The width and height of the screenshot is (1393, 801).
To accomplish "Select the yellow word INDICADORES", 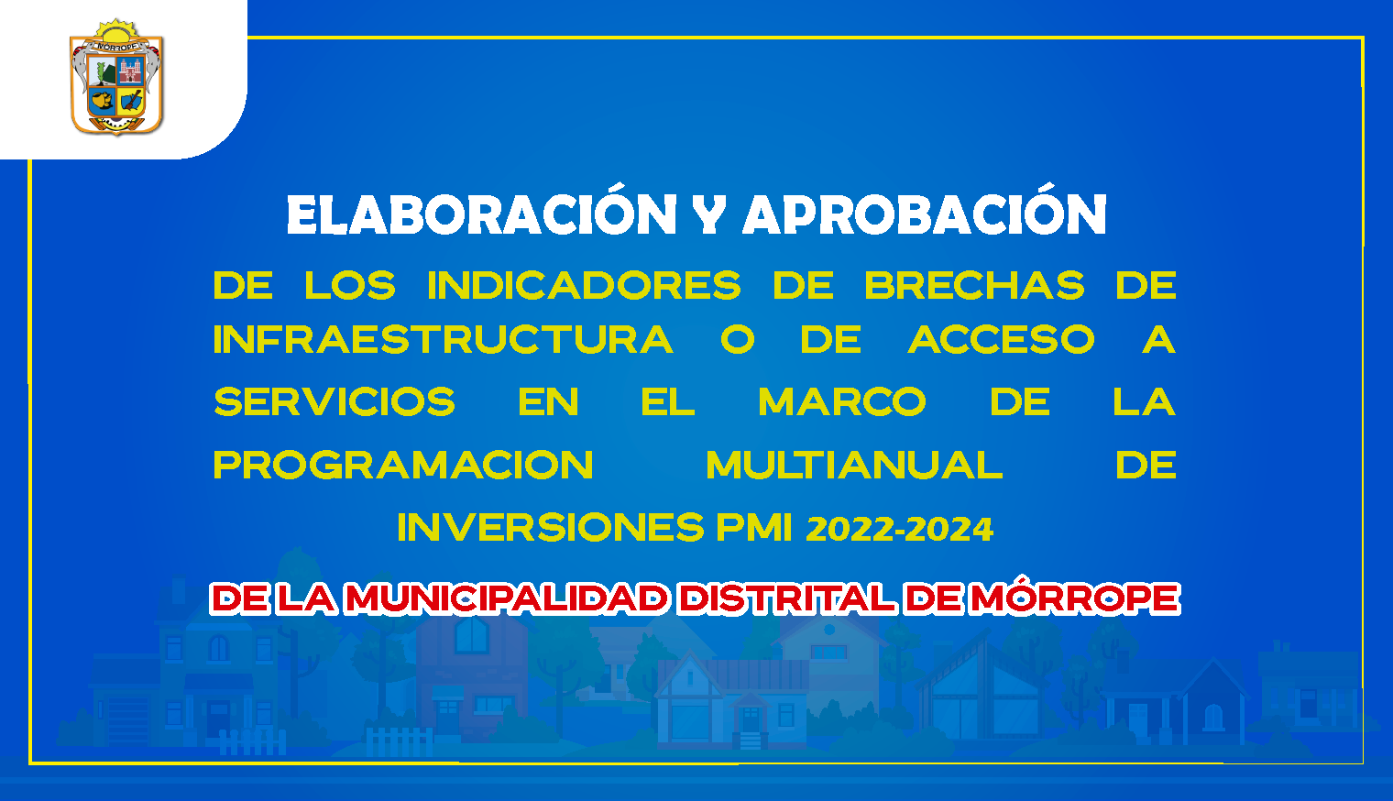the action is click(x=585, y=285).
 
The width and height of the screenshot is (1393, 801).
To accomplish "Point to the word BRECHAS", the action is click(x=974, y=285).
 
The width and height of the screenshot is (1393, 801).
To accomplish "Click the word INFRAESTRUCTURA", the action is click(x=444, y=339).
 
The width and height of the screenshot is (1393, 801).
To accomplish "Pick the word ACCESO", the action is click(x=1001, y=339).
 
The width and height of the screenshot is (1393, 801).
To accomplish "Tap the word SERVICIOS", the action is click(x=335, y=401).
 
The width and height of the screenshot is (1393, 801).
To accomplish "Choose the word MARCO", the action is click(x=842, y=401).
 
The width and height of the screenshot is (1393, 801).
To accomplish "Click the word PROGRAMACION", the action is click(x=403, y=465).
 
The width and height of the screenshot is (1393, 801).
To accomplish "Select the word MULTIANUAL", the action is click(x=854, y=465).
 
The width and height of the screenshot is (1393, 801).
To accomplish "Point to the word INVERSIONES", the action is click(x=551, y=528).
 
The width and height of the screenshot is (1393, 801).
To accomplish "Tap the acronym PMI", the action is click(x=754, y=528).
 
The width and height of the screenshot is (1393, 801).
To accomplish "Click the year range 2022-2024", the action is click(x=899, y=529).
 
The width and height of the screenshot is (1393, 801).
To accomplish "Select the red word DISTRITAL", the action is click(x=786, y=598).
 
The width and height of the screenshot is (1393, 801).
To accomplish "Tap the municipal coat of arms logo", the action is click(x=116, y=77).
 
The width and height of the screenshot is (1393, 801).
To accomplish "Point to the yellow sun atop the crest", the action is click(x=116, y=31).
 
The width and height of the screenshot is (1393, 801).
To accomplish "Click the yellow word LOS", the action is click(x=350, y=285).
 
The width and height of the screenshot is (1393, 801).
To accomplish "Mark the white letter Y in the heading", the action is click(x=709, y=214).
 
